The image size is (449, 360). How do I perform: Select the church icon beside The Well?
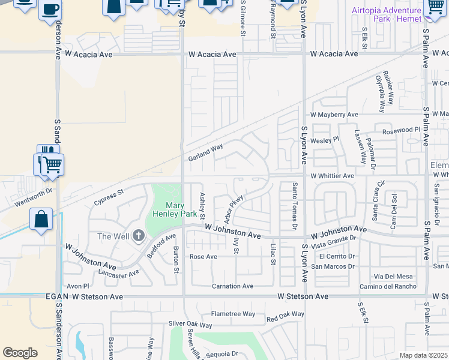(x=139, y=236)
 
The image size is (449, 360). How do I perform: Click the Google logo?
(x=20, y=353)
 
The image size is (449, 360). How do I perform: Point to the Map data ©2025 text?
(x=424, y=355)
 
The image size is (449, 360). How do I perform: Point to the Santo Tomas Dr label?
(x=294, y=205)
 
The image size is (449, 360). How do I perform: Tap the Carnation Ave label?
(x=231, y=286)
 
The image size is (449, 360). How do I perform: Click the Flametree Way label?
(x=232, y=314)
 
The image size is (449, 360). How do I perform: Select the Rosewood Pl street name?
(x=401, y=130)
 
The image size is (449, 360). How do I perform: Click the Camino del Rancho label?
(x=388, y=286)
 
